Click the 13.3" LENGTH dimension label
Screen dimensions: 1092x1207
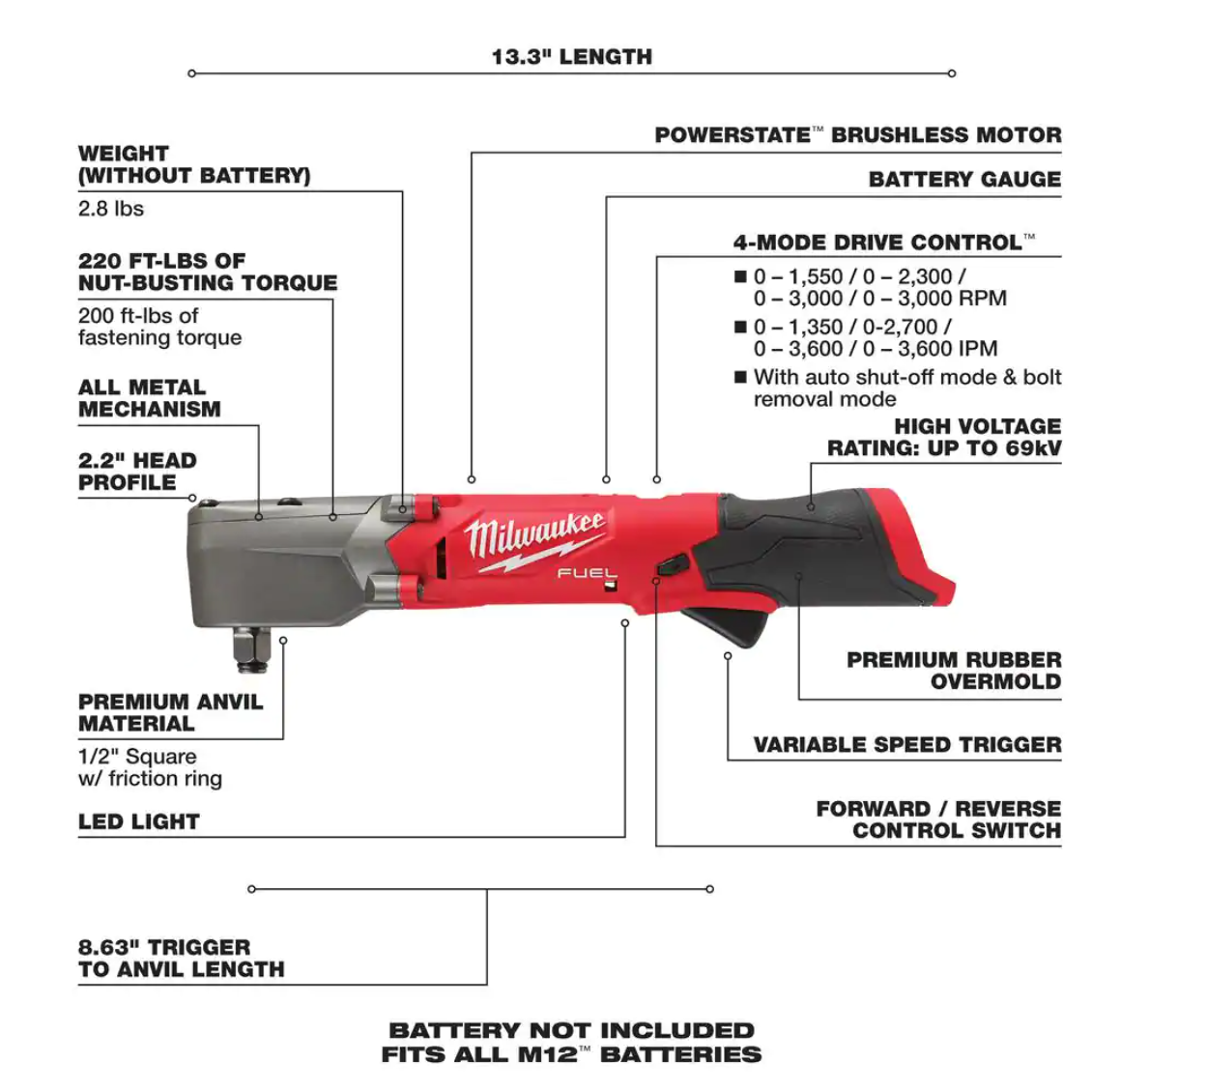click(x=571, y=57)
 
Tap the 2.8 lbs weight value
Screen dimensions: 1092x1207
click(x=111, y=209)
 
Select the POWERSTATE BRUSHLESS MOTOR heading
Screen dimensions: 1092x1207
click(x=857, y=135)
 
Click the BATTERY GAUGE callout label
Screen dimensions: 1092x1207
click(x=963, y=180)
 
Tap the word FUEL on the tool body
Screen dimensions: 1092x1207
click(x=586, y=574)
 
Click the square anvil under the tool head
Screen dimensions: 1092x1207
click(x=251, y=650)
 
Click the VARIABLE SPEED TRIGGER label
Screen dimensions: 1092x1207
click(x=906, y=745)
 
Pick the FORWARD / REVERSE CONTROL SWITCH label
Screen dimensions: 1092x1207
click(x=937, y=819)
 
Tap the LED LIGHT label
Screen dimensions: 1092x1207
click(x=139, y=822)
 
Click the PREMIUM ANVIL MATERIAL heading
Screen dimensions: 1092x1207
click(x=170, y=713)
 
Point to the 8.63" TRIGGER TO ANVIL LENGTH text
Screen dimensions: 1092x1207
click(x=181, y=959)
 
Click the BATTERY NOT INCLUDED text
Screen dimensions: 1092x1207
click(x=571, y=1031)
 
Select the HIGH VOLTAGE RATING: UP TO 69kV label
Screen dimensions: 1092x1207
click(x=943, y=438)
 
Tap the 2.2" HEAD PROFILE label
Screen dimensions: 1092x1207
click(x=137, y=472)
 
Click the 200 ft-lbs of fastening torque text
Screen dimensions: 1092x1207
click(x=159, y=327)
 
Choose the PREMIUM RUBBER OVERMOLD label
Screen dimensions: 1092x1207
click(x=953, y=671)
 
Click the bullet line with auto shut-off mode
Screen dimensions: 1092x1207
click(x=905, y=388)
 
